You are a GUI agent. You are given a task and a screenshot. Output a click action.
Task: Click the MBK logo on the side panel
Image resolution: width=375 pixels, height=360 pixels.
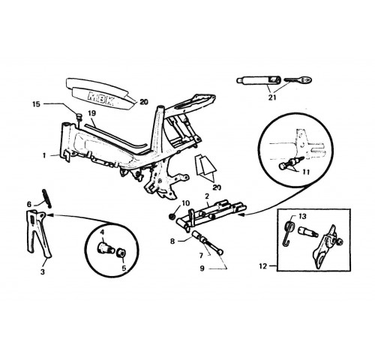[101, 98]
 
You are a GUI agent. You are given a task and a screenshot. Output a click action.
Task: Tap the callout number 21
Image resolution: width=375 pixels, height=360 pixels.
[272, 97]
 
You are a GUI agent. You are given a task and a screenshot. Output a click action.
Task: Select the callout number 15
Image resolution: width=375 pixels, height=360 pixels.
[37, 103]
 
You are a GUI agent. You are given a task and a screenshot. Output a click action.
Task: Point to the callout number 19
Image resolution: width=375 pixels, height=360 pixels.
[92, 113]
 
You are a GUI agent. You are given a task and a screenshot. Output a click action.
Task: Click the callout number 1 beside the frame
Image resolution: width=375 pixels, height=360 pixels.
[44, 156]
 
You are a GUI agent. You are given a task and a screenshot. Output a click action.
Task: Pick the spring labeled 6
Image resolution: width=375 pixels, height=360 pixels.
[47, 198]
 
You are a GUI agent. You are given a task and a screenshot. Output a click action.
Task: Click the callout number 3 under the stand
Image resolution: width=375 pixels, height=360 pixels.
[43, 271]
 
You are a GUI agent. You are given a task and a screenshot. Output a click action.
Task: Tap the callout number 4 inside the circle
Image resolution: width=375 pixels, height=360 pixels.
[102, 232]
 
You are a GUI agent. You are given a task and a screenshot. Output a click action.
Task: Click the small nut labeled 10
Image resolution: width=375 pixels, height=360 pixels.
[172, 217]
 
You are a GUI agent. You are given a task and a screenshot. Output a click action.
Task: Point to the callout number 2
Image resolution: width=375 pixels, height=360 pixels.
[207, 196]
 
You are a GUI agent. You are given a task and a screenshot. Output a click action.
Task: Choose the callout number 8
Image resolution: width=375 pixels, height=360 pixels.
[172, 241]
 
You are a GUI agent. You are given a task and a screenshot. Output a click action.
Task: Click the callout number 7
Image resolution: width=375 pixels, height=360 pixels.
[201, 256]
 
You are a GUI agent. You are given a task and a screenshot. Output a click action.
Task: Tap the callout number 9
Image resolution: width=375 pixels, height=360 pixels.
[202, 268]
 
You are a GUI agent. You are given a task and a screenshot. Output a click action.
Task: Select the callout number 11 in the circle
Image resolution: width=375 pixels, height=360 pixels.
[306, 172]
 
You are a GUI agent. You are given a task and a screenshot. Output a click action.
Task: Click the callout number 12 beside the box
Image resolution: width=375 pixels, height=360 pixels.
[263, 266]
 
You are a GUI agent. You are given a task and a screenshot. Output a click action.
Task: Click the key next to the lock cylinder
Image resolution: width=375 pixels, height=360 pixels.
[298, 79]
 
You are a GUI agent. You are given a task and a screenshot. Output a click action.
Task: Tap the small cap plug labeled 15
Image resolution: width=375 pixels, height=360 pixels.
[79, 117]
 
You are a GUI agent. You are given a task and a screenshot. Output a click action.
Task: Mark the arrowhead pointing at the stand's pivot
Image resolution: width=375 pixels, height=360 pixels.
[49, 214]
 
